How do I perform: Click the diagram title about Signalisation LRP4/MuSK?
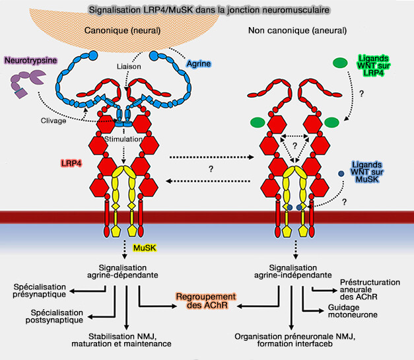207,12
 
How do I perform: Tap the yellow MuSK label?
145,247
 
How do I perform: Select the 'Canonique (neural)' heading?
126,31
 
